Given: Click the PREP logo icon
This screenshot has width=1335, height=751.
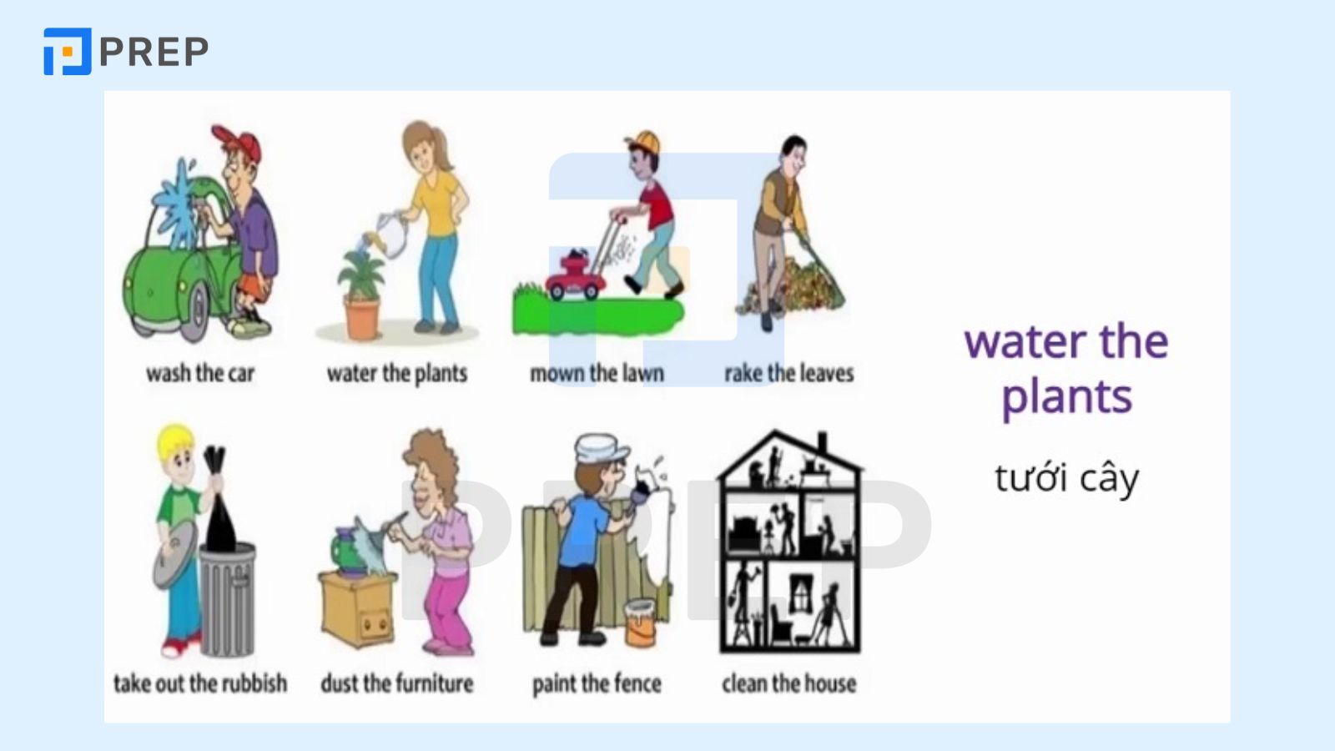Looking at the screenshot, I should pyautogui.click(x=67, y=52).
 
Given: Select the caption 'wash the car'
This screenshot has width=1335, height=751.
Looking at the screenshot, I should pyautogui.click(x=200, y=373).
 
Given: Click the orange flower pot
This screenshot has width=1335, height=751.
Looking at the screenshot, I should pyautogui.click(x=362, y=317).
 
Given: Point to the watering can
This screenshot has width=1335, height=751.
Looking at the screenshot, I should pyautogui.click(x=388, y=234).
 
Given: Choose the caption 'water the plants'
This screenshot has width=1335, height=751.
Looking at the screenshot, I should pyautogui.click(x=396, y=373).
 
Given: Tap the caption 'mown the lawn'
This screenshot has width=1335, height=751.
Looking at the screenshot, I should pyautogui.click(x=597, y=373).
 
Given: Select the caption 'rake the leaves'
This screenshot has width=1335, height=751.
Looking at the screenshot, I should pyautogui.click(x=788, y=373).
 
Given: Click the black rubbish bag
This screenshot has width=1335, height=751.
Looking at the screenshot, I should pyautogui.click(x=219, y=509).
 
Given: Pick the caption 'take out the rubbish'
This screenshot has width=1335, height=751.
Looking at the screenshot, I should pyautogui.click(x=200, y=683).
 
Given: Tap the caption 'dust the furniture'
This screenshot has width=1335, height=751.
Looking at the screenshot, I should pyautogui.click(x=396, y=683).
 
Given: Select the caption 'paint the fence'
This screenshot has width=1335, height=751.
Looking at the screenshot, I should pyautogui.click(x=597, y=683).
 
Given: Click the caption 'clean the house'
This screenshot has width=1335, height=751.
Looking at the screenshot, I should pyautogui.click(x=788, y=683).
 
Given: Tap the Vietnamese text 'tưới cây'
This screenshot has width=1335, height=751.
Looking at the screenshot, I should pyautogui.click(x=1066, y=478).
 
